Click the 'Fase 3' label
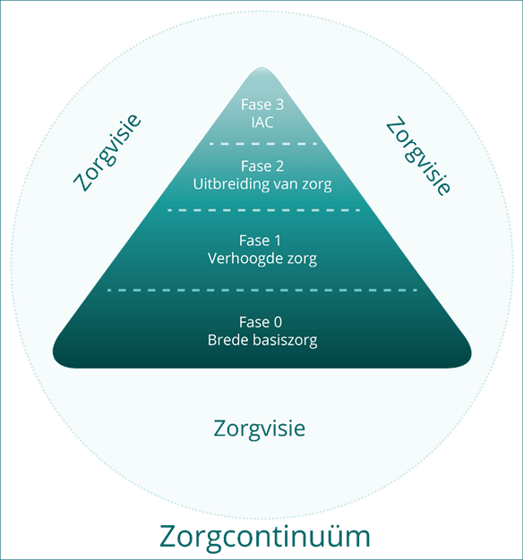click(262, 105)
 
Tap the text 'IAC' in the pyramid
click(262, 123)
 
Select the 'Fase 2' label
click(262, 166)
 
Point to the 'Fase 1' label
click(260, 241)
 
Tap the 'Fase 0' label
click(261, 322)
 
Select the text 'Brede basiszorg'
click(262, 340)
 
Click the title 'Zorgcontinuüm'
click(264, 537)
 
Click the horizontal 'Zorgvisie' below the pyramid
click(259, 428)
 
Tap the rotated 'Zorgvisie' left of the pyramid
click(107, 152)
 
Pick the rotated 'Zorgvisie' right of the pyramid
click(418, 156)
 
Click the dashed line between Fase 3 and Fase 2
click(263, 143)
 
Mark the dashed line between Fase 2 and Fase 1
click(263, 210)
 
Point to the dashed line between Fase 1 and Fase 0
click(262, 290)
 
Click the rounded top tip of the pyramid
click(262, 68)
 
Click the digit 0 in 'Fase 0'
click(278, 322)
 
